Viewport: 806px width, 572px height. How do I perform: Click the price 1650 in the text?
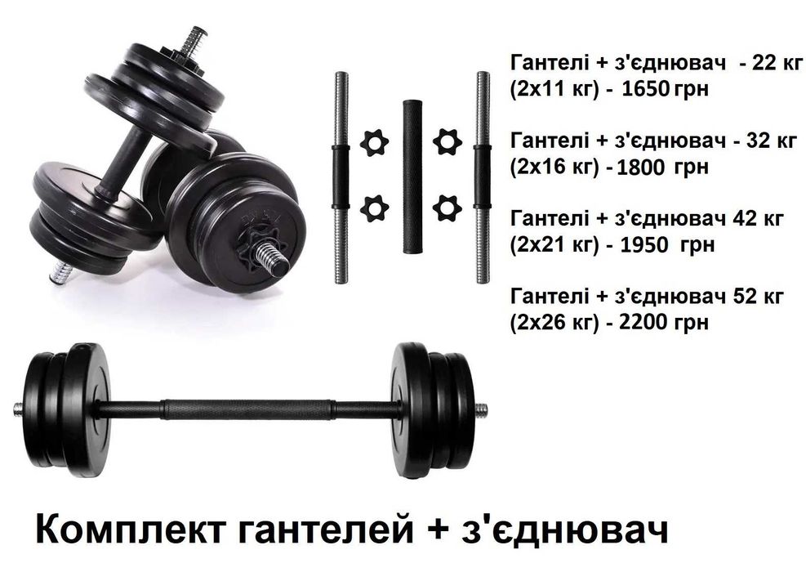click(x=646, y=89)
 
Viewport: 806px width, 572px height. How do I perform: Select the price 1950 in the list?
click(x=645, y=245)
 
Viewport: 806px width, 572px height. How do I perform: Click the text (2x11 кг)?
click(x=554, y=90)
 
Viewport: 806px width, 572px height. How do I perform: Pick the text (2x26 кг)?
click(x=554, y=323)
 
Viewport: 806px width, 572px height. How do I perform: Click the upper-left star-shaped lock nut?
click(x=374, y=142)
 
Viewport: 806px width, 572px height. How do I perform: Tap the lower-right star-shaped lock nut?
click(x=448, y=208)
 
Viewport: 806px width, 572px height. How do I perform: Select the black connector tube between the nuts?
click(x=412, y=176)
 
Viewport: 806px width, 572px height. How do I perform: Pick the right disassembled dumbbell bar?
click(x=482, y=177)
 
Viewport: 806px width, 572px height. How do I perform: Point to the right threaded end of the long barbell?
click(x=481, y=410)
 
